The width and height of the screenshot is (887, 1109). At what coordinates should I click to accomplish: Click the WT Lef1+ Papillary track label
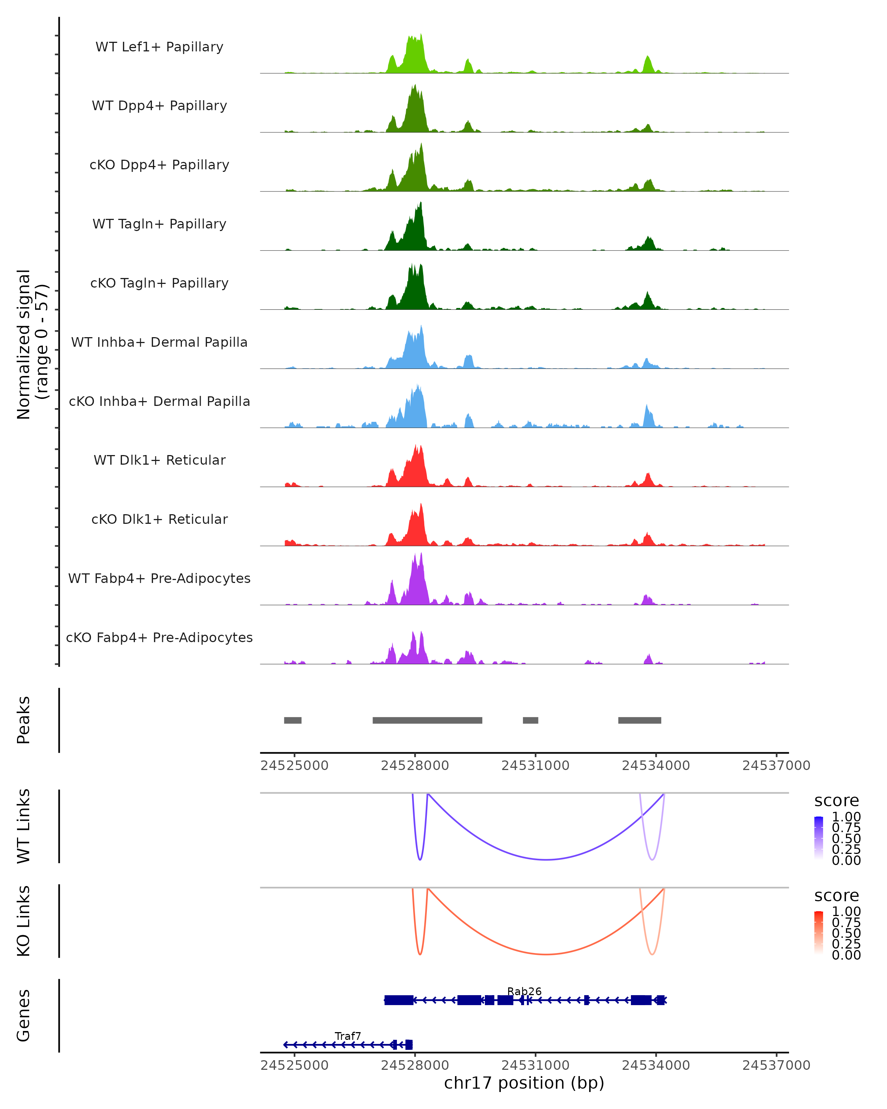[x=159, y=47]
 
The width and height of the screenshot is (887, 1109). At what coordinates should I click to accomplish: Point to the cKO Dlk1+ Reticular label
[x=159, y=519]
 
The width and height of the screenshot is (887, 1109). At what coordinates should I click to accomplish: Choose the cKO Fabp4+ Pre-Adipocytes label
[x=159, y=637]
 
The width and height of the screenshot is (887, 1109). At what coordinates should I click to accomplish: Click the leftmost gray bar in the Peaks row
[x=293, y=720]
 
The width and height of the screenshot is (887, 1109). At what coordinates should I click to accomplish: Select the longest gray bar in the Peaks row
[x=427, y=720]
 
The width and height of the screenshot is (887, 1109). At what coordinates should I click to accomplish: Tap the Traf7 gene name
[x=348, y=1036]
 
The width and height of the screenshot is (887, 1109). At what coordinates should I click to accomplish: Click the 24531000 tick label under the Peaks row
[x=535, y=766]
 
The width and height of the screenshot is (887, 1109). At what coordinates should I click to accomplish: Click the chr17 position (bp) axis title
[x=524, y=1083]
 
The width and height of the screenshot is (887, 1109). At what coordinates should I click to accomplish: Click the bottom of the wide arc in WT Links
[x=546, y=859]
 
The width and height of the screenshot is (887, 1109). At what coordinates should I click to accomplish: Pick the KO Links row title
[x=24, y=921]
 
